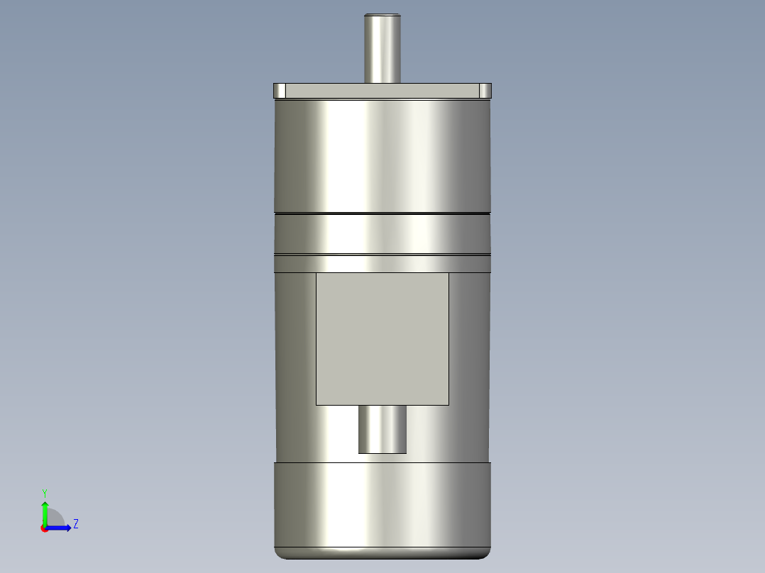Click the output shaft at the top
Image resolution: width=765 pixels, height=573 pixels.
(382, 50)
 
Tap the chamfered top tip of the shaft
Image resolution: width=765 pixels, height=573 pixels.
(382, 15)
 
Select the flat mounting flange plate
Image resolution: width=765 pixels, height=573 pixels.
(382, 91)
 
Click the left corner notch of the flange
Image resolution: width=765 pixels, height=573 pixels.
(280, 91)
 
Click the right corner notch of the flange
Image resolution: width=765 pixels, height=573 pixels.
(485, 91)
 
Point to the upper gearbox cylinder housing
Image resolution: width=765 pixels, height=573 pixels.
(382, 156)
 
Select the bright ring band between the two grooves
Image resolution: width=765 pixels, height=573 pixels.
(382, 233)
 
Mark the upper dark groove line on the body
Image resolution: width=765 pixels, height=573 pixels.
(382, 213)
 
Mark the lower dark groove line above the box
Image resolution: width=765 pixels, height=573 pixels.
(382, 255)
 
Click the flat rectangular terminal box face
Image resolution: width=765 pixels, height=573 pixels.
(382, 339)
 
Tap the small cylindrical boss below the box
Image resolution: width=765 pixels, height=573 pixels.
(382, 429)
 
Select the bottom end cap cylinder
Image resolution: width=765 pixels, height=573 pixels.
(382, 504)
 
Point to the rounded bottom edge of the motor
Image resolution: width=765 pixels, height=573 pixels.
(382, 555)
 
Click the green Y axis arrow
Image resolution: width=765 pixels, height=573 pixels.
(45, 511)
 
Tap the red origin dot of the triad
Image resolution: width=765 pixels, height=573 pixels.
(44, 529)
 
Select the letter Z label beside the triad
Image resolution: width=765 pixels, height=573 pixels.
(75, 524)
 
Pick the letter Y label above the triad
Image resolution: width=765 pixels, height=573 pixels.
(45, 492)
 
